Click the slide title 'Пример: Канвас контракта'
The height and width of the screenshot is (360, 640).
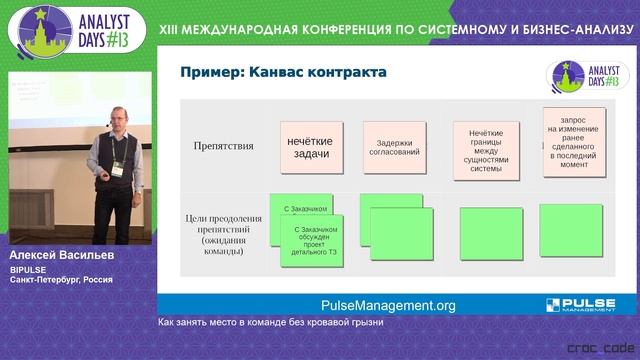pos(282,73)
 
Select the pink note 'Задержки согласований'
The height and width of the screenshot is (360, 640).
pos(391,148)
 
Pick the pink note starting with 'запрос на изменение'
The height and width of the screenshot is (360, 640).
pos(573,143)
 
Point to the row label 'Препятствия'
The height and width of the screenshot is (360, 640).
pos(223,146)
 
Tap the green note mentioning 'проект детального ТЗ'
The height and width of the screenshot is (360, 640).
pos(312,240)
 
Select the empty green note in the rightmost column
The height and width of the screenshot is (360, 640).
pos(570,230)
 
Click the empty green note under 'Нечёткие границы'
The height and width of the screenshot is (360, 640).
pos(490,233)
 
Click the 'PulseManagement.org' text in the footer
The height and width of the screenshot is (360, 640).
pos(388,306)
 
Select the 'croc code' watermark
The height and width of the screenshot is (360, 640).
pos(598,348)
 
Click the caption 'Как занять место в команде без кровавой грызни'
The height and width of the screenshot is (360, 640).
pos(270,323)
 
